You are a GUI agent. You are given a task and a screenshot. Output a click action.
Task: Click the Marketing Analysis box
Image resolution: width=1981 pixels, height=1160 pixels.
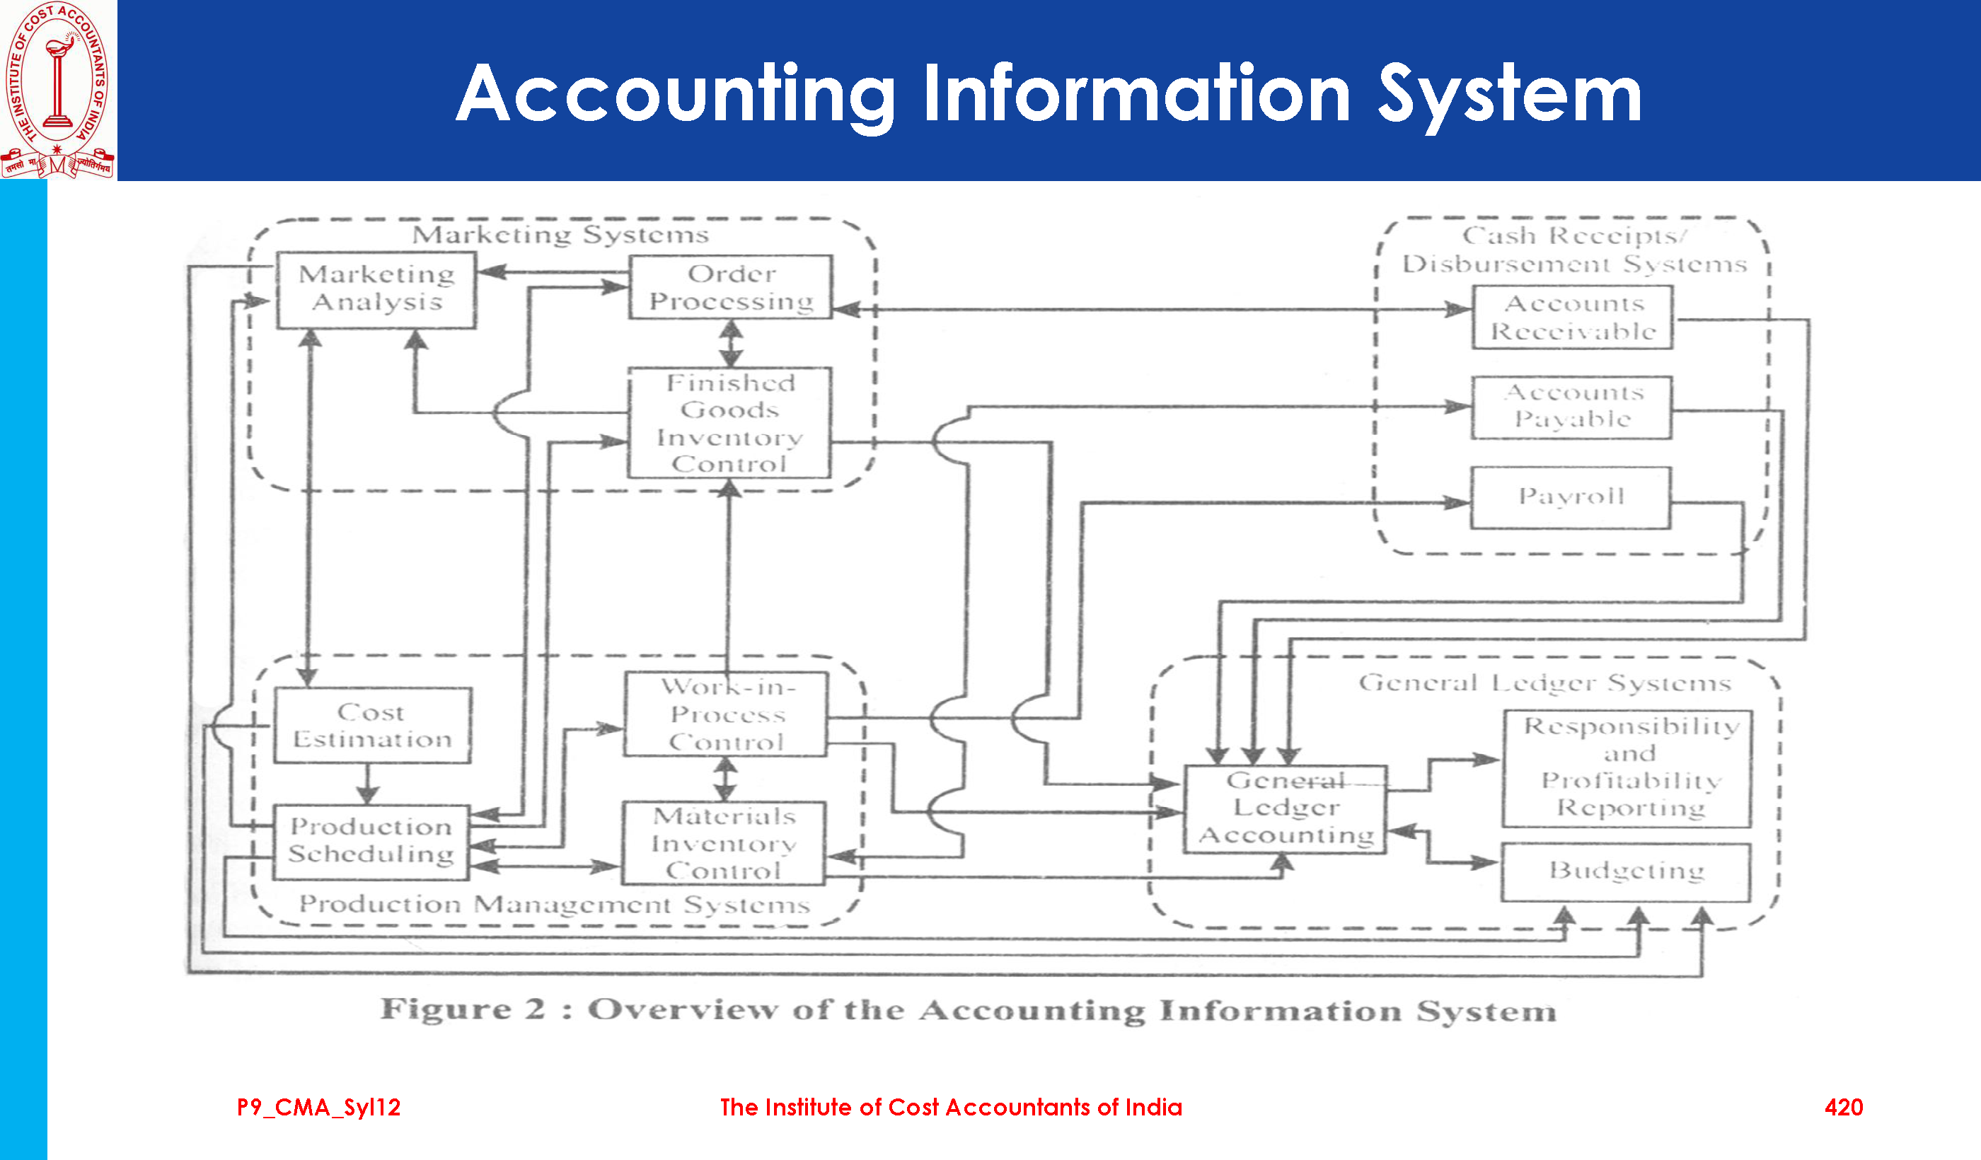[x=376, y=289]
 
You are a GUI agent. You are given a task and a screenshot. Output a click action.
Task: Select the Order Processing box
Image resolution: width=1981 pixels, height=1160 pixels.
[x=730, y=287]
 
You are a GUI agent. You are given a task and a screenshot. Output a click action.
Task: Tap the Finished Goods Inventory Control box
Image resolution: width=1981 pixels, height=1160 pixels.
[x=729, y=423]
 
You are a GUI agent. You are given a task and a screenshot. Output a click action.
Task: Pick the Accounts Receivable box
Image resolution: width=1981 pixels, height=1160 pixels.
[x=1572, y=318]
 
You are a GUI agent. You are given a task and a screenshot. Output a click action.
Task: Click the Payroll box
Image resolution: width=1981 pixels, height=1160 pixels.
[x=1571, y=497]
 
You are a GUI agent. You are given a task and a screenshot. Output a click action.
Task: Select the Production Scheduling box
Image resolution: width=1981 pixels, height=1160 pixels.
[x=371, y=841]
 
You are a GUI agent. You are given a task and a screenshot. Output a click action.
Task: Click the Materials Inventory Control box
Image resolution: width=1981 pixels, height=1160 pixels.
[x=724, y=843]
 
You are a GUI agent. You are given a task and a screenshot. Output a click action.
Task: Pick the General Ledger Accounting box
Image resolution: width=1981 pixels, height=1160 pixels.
[x=1286, y=808]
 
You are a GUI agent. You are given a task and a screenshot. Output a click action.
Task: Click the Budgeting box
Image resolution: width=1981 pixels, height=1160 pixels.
[x=1627, y=871]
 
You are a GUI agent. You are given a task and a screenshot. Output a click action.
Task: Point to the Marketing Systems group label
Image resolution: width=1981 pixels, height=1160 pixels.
[x=560, y=235]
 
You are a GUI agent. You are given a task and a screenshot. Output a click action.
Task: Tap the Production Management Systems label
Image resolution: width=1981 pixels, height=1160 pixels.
[x=554, y=905]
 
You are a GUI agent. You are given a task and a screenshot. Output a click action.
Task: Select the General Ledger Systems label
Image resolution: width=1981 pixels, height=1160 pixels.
[x=1544, y=683]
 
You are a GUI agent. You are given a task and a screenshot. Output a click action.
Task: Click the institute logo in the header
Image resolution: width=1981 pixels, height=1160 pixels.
[x=58, y=90]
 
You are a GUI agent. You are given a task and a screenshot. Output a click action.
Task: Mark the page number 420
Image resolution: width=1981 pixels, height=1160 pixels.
[x=1844, y=1108]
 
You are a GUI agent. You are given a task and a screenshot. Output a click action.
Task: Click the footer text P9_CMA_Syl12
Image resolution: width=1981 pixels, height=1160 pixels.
[x=318, y=1108]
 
